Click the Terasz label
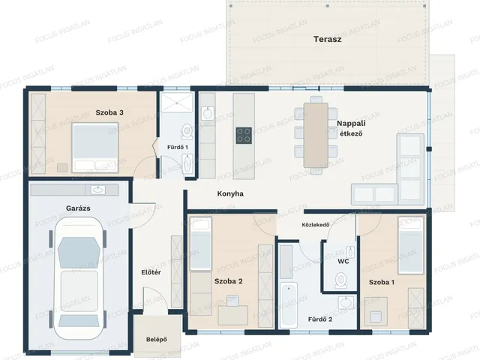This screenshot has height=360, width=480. [327, 39]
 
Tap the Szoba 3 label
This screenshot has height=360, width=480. [109, 112]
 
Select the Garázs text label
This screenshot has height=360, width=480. [78, 208]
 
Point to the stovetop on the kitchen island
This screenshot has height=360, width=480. [244, 136]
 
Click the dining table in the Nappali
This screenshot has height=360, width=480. [316, 135]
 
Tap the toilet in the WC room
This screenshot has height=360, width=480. [340, 280]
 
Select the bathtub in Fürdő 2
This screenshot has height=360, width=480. [288, 305]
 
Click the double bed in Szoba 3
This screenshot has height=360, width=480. [95, 148]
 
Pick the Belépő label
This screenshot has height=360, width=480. [157, 340]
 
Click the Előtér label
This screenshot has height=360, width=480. [151, 272]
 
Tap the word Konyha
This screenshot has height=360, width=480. [230, 193]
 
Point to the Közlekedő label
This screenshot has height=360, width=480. [316, 225]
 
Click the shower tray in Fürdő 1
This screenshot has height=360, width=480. [177, 103]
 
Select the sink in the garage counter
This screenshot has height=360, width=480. [98, 190]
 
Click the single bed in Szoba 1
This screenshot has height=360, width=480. [410, 245]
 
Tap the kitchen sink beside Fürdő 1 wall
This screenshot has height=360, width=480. [208, 114]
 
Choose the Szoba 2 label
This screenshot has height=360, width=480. [228, 281]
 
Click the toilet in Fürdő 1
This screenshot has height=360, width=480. [187, 130]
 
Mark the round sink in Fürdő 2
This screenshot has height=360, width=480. [346, 303]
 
